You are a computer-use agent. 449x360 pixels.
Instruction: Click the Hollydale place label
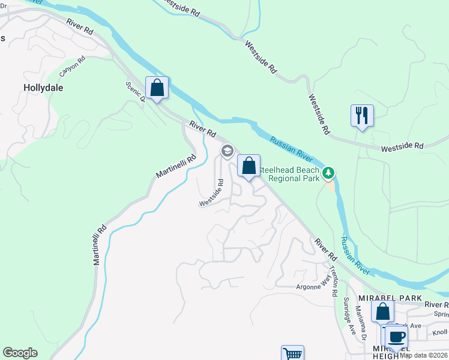[x=43, y=87]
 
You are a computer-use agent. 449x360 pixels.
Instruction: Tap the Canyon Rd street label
[x=73, y=67]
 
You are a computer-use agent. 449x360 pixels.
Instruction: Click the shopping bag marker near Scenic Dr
[x=157, y=88]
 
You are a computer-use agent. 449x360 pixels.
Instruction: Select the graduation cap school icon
[x=227, y=151]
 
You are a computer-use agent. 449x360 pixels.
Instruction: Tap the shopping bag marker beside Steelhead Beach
[x=249, y=166]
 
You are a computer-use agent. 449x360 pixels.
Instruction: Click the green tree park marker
[x=328, y=173]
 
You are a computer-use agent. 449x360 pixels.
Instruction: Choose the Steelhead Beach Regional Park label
[x=294, y=175]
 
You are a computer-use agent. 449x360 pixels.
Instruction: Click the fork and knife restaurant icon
[x=362, y=115]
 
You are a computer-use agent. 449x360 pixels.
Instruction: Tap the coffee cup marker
[x=396, y=337]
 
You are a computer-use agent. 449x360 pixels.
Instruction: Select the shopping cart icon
[x=292, y=354]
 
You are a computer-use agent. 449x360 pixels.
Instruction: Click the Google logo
[x=20, y=353]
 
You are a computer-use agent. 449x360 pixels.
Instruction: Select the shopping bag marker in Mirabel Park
[x=382, y=311]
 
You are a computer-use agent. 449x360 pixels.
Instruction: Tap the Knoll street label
[x=439, y=332]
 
